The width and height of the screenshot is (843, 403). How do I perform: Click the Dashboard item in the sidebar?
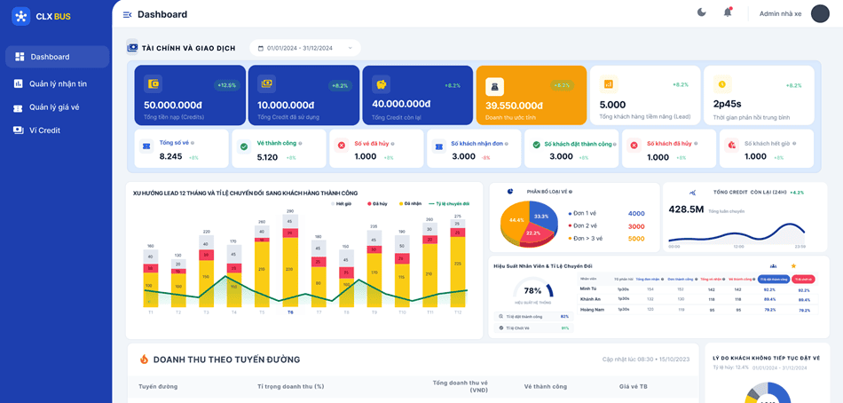[x=50, y=57]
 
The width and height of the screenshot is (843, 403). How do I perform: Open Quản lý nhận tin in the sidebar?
[x=58, y=83]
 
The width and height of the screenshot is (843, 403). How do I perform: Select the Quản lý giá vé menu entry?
[x=53, y=107]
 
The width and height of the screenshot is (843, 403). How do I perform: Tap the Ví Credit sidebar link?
[x=44, y=130]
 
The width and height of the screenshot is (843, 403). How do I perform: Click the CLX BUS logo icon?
[x=21, y=16]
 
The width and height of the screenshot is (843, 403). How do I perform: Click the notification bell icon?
[x=728, y=12]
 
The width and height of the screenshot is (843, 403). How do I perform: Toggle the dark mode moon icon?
[x=702, y=12]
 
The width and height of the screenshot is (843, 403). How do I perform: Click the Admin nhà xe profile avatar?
[x=820, y=13]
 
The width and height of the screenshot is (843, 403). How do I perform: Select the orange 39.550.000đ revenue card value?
[x=514, y=106]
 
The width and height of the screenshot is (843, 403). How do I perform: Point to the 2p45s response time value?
[x=728, y=105]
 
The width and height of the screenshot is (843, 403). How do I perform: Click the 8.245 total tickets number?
[x=170, y=156]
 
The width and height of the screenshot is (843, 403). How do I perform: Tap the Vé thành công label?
[x=277, y=143]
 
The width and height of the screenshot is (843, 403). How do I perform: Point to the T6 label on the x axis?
[x=290, y=312]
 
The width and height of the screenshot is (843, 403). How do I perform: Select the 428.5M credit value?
[x=686, y=209]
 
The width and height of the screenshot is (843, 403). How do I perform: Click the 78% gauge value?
[x=532, y=290]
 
